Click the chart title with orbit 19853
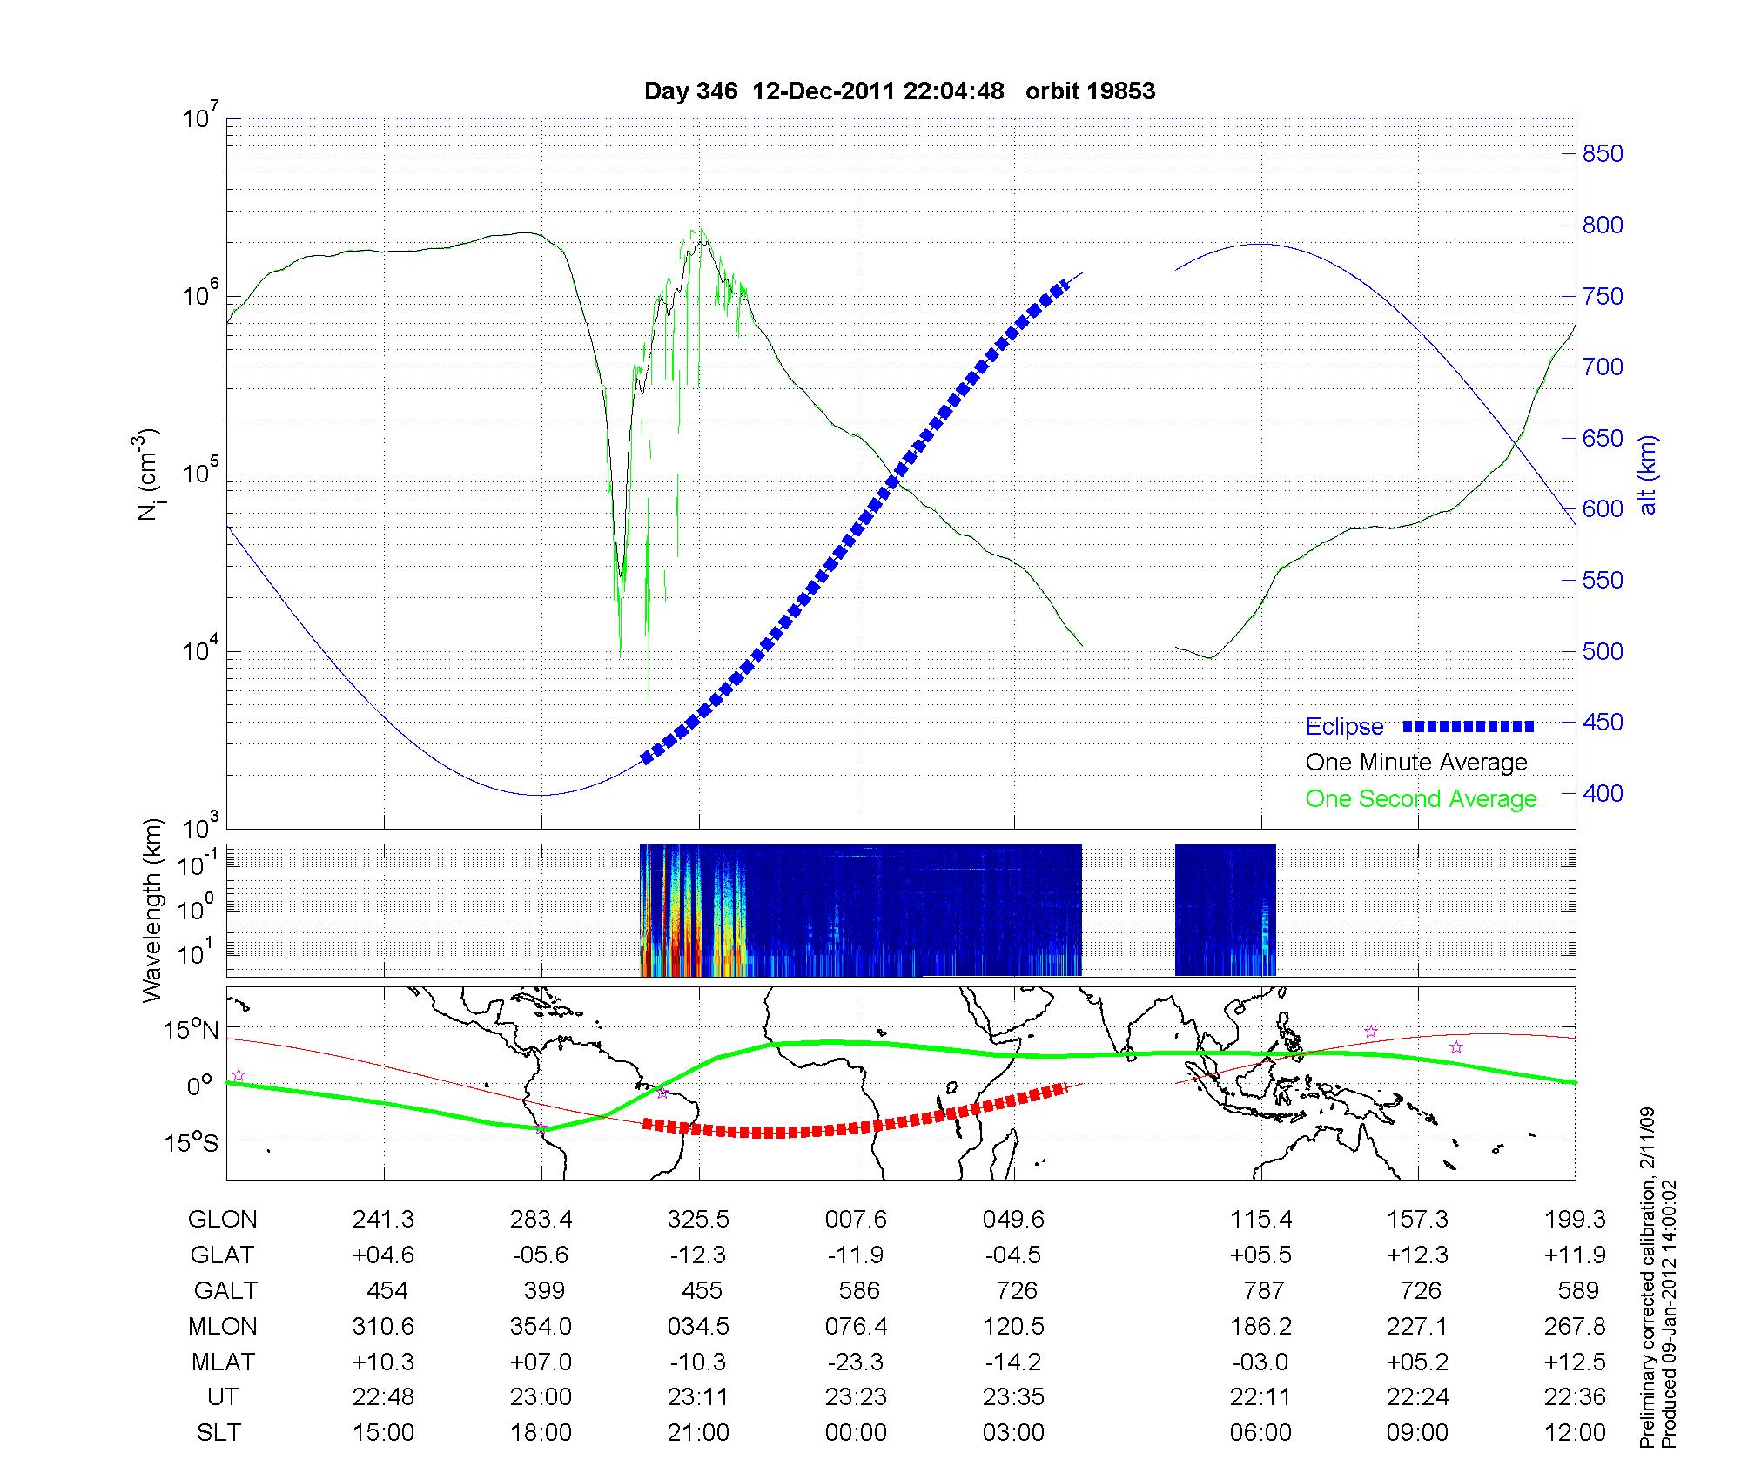(899, 91)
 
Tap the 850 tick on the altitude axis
(1602, 154)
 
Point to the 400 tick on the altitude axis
(1602, 793)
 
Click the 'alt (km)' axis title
(1648, 474)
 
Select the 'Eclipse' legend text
(1344, 726)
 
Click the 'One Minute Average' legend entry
(1416, 763)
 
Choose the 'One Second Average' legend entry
(1421, 799)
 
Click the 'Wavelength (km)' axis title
(152, 910)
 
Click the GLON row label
(222, 1219)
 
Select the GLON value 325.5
(698, 1219)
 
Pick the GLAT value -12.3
(698, 1255)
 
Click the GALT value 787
(1263, 1290)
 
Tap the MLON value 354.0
(541, 1326)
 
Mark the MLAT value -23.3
(856, 1362)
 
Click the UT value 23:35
(1013, 1396)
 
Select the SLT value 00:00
(856, 1432)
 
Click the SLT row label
(218, 1432)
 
